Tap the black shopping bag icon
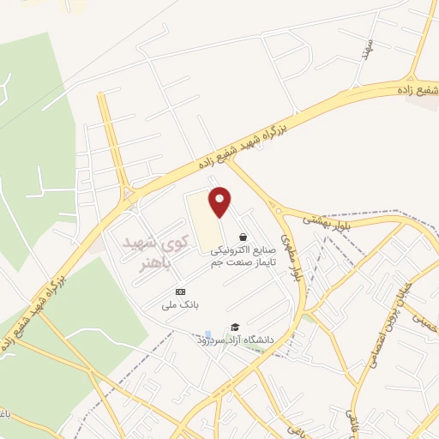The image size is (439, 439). [x=244, y=237]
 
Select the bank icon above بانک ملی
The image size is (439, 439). [x=179, y=292]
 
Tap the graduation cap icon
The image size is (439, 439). [x=234, y=327]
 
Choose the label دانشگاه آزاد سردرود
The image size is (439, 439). [x=234, y=340]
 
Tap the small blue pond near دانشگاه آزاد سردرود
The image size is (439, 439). [x=207, y=334]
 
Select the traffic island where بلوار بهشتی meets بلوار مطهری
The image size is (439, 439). [x=277, y=210]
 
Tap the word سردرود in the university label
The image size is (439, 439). [x=209, y=340]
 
